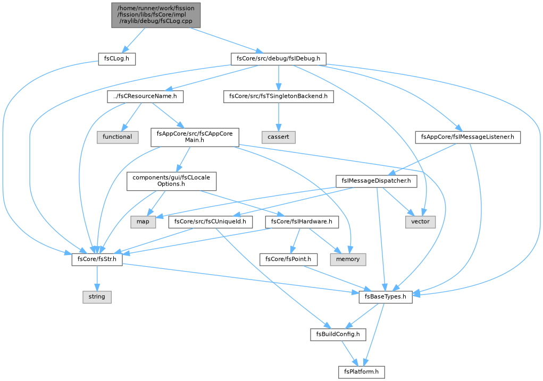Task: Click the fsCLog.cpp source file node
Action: tap(156, 15)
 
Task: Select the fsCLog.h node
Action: tap(116, 59)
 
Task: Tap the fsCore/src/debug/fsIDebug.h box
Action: tap(279, 59)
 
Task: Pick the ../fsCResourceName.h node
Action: tap(145, 96)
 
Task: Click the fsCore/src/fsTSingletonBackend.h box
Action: tap(279, 96)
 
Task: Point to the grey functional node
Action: tap(118, 137)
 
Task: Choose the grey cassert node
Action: tap(279, 137)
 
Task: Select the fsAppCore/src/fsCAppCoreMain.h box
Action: tap(195, 137)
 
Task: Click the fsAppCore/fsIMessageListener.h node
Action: tap(468, 137)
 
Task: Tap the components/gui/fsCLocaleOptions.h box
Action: tap(171, 181)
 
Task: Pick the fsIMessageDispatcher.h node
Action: tap(377, 181)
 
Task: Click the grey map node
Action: tap(143, 222)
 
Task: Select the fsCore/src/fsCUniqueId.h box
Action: tap(211, 222)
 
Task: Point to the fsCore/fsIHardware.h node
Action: tap(302, 222)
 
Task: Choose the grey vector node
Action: tap(420, 222)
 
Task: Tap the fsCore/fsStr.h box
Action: tap(97, 259)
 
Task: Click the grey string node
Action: tap(97, 297)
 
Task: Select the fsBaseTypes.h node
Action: tap(386, 297)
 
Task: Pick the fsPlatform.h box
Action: tap(362, 372)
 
